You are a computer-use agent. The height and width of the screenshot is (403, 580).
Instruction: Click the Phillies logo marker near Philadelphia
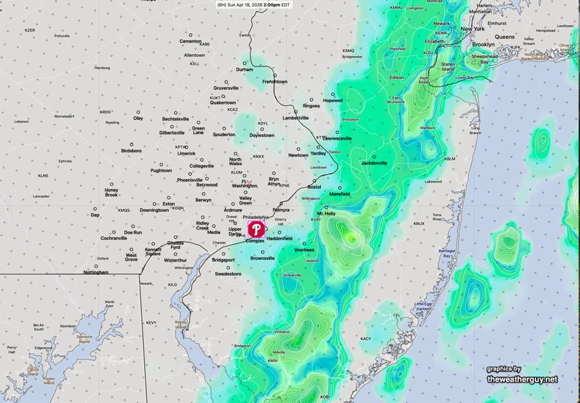point(256,230)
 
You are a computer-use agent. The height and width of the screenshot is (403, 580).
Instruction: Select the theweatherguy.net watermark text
point(522,379)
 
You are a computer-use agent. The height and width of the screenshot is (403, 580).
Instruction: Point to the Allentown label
point(195,55)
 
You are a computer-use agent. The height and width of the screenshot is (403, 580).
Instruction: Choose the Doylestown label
point(262,135)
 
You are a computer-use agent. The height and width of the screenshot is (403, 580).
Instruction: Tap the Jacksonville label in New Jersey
point(374,163)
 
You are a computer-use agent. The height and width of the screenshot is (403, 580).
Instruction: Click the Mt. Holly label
point(326,213)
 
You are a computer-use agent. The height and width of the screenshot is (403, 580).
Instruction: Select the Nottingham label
point(96,272)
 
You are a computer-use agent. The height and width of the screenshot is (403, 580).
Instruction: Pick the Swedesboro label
point(228,274)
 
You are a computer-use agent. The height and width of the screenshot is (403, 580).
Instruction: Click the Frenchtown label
point(275,82)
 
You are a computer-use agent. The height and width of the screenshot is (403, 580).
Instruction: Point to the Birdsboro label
point(131,151)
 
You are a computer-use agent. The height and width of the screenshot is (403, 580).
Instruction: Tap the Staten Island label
point(447,67)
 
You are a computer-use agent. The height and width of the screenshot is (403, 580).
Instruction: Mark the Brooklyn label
point(483,44)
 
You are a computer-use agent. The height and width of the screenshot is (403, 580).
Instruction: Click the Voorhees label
point(304,250)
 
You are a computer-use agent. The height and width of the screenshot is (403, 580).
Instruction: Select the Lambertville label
point(296,118)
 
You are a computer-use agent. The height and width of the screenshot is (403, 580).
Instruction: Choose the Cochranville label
point(113,238)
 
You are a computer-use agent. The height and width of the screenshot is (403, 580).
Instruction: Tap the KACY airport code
point(365,339)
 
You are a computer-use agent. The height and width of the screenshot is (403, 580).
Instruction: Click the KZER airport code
point(30,30)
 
